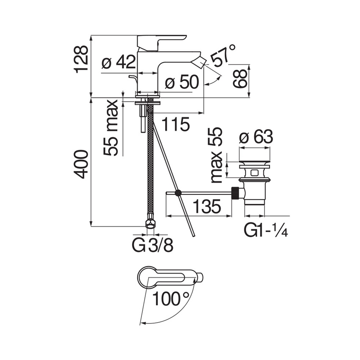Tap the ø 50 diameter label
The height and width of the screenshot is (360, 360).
point(181,82)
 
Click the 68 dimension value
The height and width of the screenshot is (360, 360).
point(240,79)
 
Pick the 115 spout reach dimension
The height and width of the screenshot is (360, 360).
point(175,125)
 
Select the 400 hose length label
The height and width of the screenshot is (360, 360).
point(81,164)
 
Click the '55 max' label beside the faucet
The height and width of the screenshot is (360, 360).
point(112,128)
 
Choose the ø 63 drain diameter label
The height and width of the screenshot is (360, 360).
point(255,137)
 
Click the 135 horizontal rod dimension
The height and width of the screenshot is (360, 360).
point(206,207)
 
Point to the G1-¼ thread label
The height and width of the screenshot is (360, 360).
point(266,231)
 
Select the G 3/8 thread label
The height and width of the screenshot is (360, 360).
point(153,245)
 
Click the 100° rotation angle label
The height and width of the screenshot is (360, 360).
point(170,299)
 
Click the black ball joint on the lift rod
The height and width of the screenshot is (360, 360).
point(178,193)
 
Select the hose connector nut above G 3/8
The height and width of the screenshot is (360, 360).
point(150,223)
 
